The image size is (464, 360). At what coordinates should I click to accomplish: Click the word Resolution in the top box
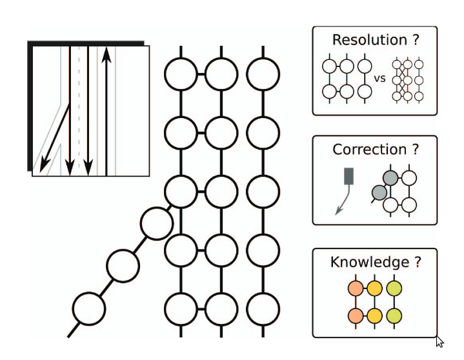pyautogui.click(x=365, y=40)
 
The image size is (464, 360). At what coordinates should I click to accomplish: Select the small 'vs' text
pyautogui.click(x=380, y=79)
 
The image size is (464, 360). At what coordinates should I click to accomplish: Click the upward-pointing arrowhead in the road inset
pyautogui.click(x=106, y=54)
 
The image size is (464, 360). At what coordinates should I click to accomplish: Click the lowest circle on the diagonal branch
pyautogui.click(x=88, y=309)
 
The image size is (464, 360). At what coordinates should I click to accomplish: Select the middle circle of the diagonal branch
pyautogui.click(x=123, y=265)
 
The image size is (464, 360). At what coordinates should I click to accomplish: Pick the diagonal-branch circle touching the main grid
pyautogui.click(x=157, y=223)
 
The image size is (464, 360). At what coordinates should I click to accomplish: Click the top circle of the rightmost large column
pyautogui.click(x=263, y=74)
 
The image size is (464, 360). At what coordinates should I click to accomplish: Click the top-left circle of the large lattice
pyautogui.click(x=181, y=74)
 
